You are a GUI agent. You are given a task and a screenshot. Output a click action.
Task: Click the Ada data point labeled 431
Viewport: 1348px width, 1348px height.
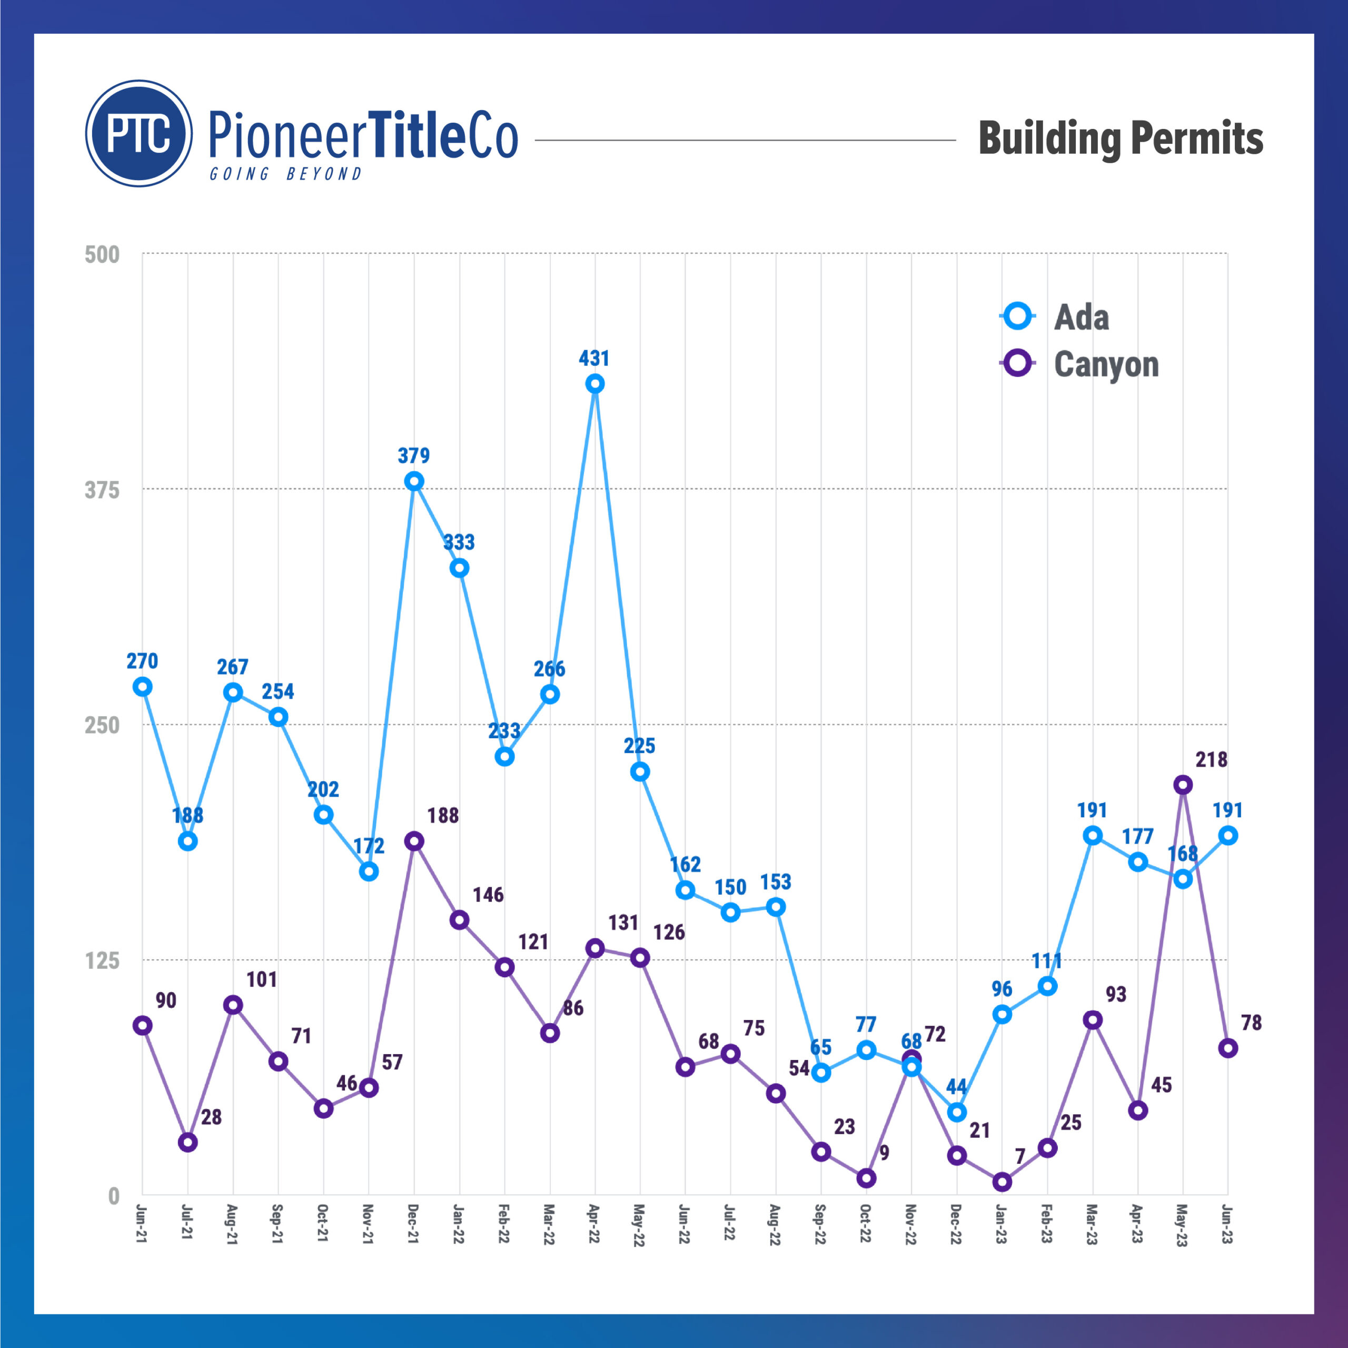point(594,384)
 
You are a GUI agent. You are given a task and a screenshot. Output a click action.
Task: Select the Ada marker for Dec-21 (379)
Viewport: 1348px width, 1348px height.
point(414,481)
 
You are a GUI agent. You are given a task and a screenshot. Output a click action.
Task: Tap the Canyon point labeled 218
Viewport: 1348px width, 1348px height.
point(1182,785)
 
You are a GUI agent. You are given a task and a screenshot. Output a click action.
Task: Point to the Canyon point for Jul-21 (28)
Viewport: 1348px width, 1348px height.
point(187,1142)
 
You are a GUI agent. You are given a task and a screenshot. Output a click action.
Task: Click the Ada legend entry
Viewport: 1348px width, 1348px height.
point(1055,317)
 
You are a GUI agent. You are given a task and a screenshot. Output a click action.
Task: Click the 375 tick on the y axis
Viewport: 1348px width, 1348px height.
point(102,490)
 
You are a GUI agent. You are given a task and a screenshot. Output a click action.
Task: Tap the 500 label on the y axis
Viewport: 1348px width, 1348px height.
point(102,255)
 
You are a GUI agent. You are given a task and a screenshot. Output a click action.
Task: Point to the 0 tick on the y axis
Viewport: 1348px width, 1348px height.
point(114,1196)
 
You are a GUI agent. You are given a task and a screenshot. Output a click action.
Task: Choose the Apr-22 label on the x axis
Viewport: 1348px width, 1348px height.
point(594,1224)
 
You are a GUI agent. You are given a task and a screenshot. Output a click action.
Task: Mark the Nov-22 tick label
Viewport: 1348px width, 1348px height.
point(910,1224)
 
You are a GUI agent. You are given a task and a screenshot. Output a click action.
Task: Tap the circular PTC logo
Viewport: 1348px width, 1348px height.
point(139,133)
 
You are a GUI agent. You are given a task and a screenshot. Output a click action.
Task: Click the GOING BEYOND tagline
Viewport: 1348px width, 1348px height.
point(286,174)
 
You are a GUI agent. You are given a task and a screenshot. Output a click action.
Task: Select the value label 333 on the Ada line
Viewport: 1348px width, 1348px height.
point(459,542)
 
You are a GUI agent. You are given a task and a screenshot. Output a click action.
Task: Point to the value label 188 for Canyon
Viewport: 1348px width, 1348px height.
point(443,816)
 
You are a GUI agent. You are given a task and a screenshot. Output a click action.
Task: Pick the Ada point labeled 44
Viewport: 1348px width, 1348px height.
point(957,1112)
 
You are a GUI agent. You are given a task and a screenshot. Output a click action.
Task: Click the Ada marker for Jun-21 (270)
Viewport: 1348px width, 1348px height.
point(142,687)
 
